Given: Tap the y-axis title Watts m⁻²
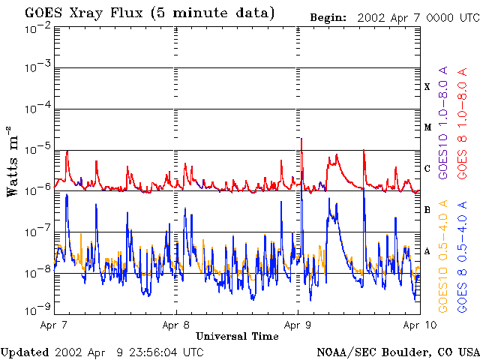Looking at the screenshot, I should (x=13, y=160).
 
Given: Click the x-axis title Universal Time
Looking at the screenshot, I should (x=237, y=336).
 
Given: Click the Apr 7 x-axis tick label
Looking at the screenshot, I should (x=55, y=325).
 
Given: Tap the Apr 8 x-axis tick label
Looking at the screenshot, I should (x=176, y=325).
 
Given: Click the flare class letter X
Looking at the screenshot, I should (x=427, y=86).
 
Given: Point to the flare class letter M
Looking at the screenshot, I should (x=427, y=127).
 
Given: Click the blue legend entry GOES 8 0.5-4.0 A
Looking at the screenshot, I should (x=463, y=255).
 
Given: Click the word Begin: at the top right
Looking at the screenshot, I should (x=329, y=16).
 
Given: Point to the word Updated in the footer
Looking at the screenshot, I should (x=25, y=352).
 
